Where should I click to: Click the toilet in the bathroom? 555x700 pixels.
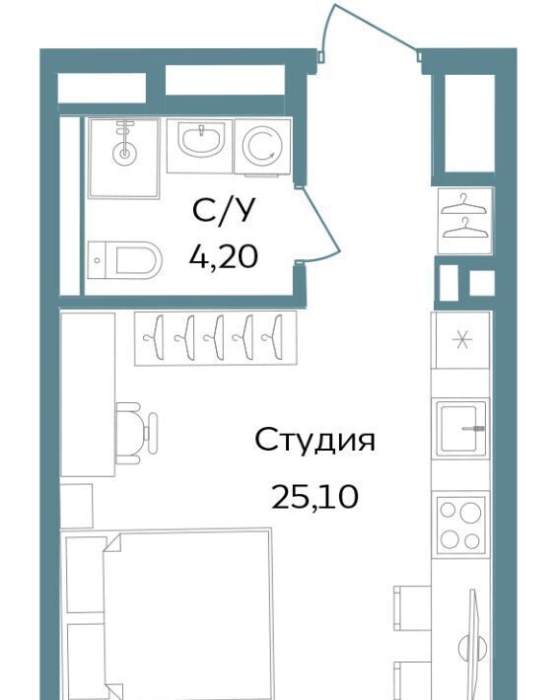124,260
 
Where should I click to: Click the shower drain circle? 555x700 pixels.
124,154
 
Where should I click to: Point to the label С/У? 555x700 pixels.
224,210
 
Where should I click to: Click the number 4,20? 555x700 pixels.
223,256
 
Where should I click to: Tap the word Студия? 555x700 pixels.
314,440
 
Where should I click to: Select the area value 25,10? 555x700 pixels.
314,497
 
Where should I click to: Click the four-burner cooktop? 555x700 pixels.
460,525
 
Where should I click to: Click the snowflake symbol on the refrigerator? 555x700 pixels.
461,341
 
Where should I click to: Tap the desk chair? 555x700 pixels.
136,433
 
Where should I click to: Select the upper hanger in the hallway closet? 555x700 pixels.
465,204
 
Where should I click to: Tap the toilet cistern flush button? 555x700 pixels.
98,260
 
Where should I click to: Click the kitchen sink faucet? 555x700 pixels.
473,428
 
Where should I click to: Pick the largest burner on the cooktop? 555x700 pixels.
471,513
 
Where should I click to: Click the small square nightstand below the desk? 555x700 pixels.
76,506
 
